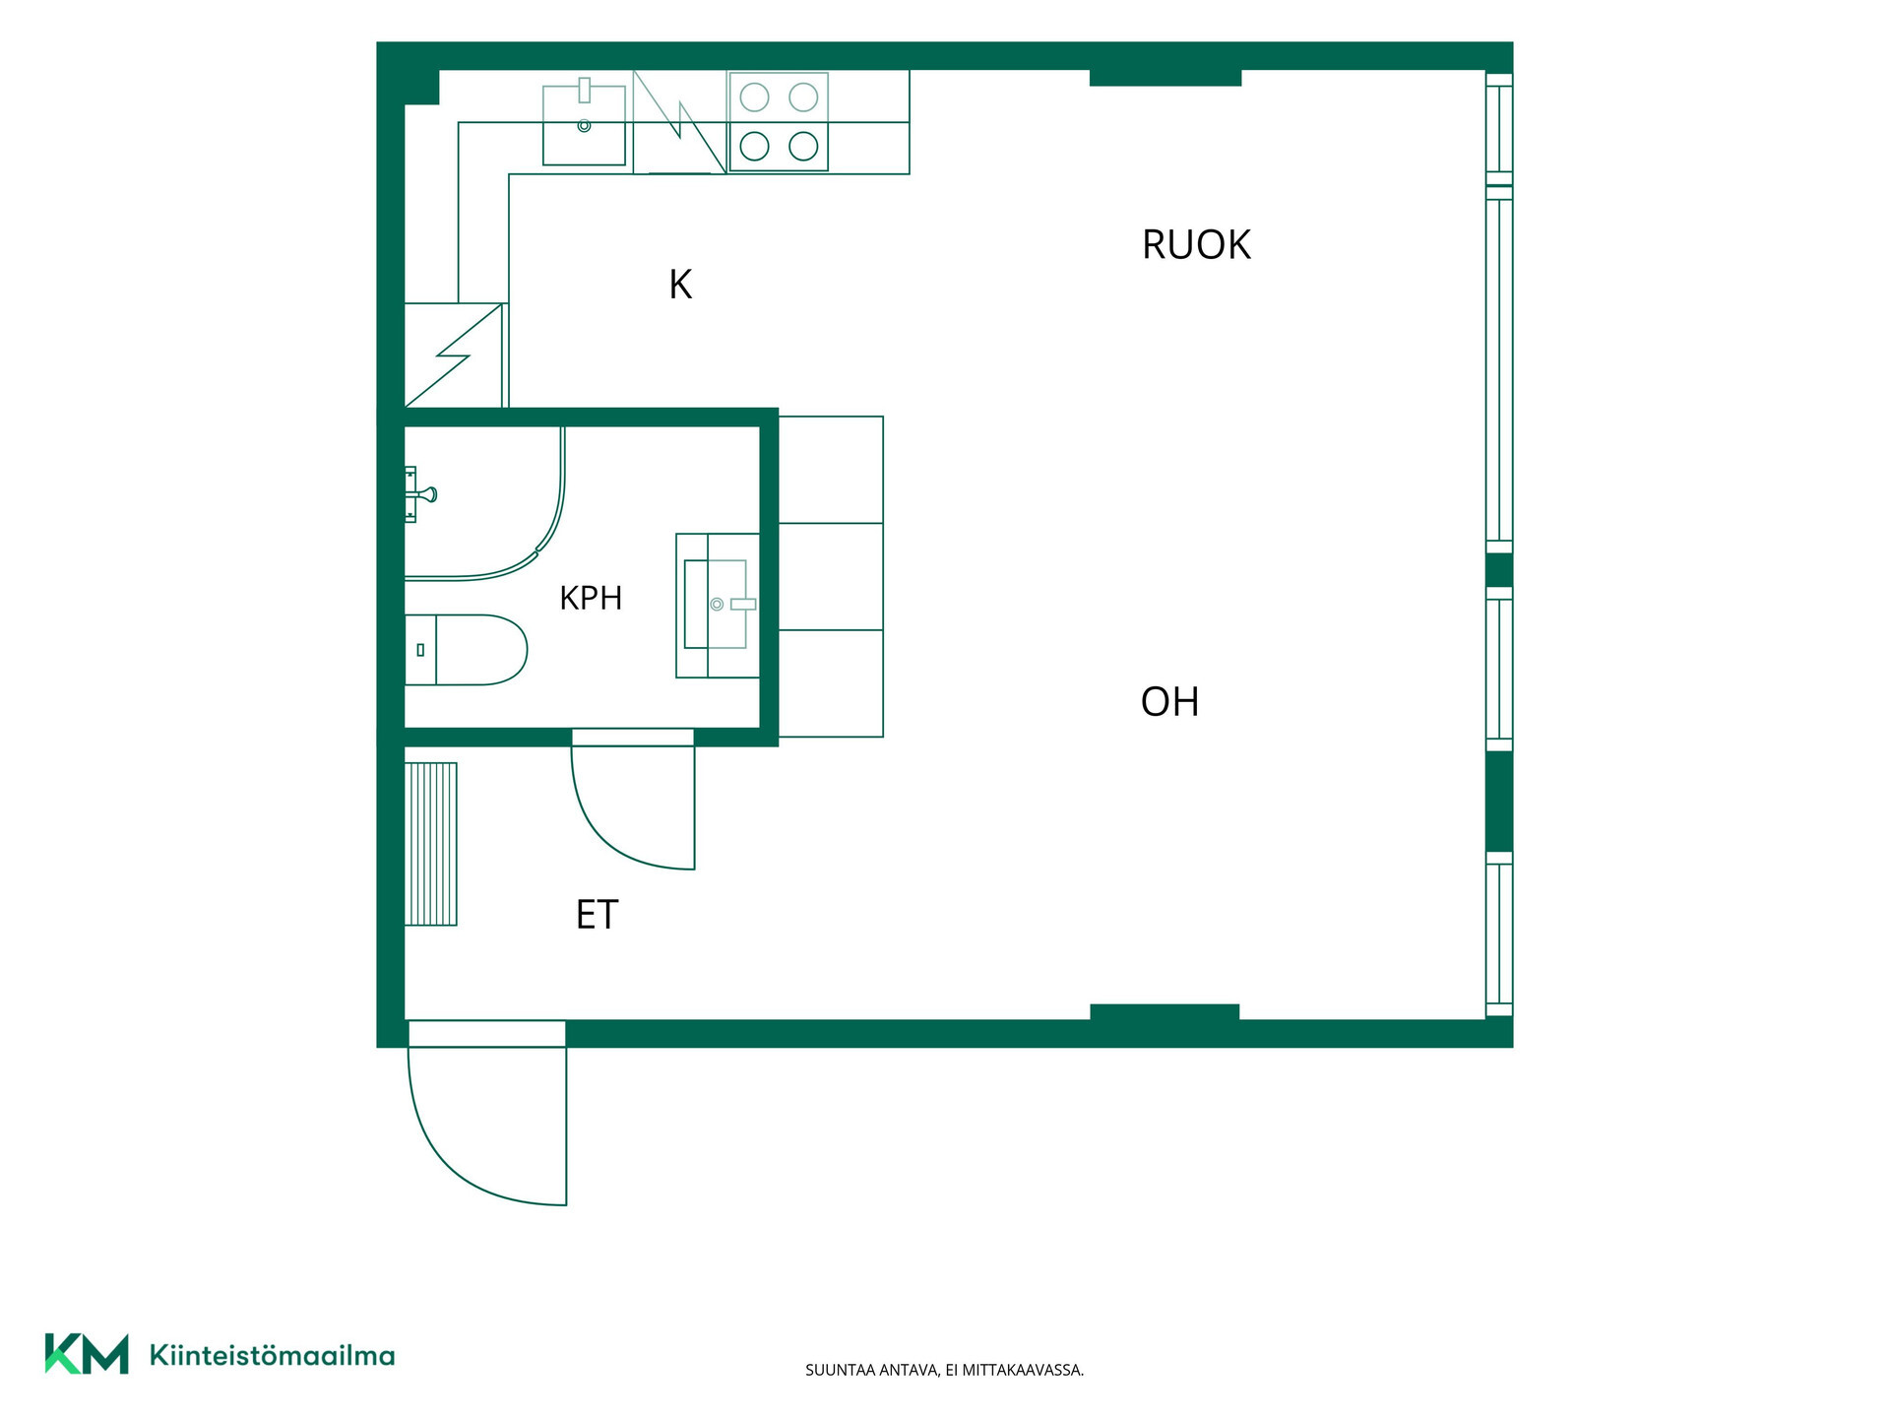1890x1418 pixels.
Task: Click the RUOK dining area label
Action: point(1196,244)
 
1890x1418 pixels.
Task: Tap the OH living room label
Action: point(1169,702)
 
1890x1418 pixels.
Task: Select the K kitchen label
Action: point(680,285)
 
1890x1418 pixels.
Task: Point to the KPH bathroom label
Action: point(591,598)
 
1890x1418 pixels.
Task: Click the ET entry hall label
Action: point(597,915)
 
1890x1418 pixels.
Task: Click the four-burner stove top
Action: point(779,122)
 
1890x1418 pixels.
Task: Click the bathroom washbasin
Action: point(718,605)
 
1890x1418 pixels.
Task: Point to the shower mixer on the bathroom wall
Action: point(420,494)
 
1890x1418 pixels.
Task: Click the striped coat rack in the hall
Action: point(431,844)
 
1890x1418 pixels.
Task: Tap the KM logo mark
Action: point(87,1354)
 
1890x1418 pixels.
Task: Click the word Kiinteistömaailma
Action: point(272,1356)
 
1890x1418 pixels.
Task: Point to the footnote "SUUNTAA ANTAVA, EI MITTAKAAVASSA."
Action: point(944,1370)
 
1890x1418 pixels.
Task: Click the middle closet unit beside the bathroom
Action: point(831,576)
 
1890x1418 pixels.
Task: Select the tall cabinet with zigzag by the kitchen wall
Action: point(454,355)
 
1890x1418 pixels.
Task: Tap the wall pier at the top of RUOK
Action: point(1165,78)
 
